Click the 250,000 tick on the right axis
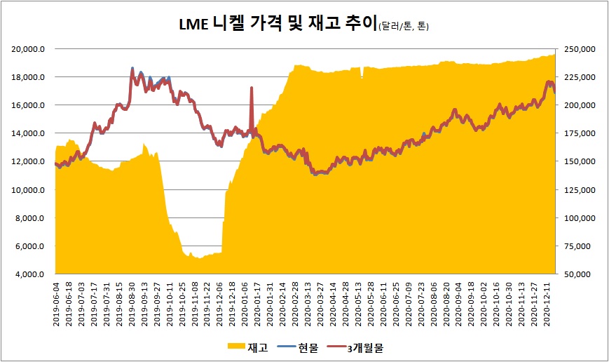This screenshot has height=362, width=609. point(579,48)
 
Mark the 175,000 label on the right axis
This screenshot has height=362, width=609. point(579,133)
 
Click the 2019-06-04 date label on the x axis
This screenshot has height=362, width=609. point(57,302)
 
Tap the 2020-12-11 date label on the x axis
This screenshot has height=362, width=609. point(548,302)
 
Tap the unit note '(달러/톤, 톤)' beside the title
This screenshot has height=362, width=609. point(403,27)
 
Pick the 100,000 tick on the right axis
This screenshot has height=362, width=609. point(579,218)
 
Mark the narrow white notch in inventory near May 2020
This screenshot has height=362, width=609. point(362,73)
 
